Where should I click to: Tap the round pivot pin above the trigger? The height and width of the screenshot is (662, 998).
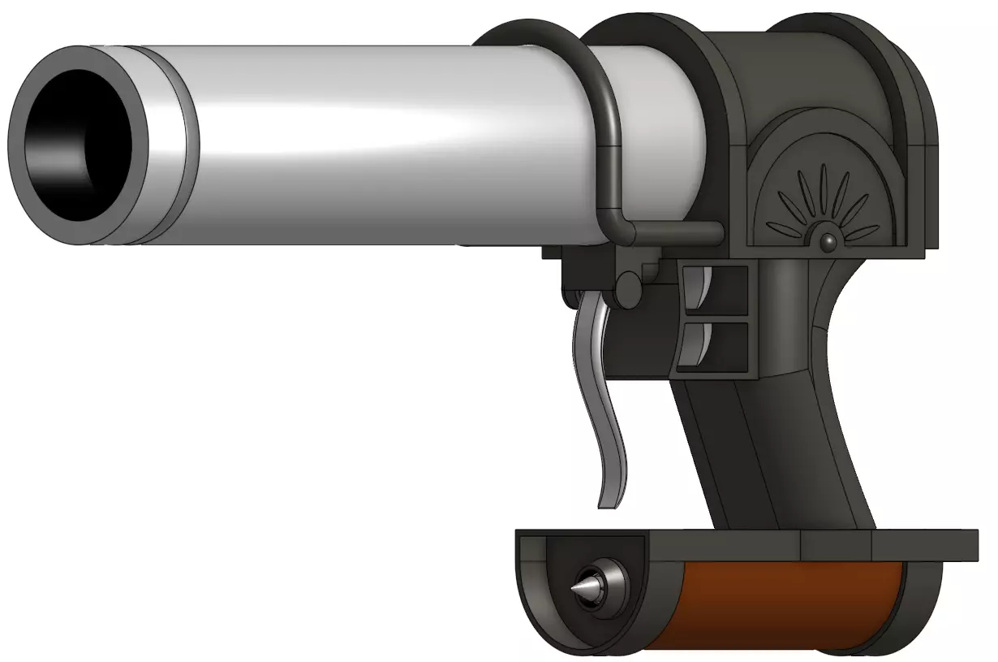(627, 288)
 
